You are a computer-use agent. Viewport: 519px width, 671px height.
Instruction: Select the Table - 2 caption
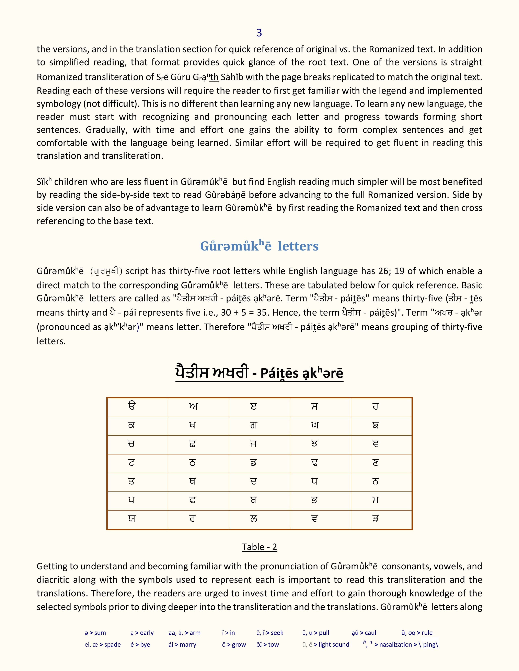pyautogui.click(x=259, y=547)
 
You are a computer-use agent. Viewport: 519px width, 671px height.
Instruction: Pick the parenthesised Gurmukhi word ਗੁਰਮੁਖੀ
pyautogui.click(x=106, y=271)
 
